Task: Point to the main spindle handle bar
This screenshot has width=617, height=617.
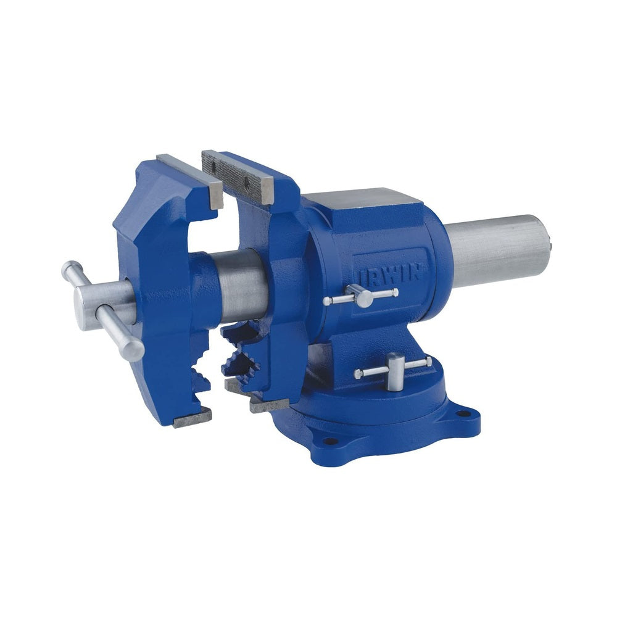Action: pos(103,310)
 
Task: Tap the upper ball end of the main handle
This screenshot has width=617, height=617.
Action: pos(70,269)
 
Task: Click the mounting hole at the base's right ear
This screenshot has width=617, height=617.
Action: pos(465,413)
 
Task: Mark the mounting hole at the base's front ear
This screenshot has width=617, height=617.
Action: pos(331,441)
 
